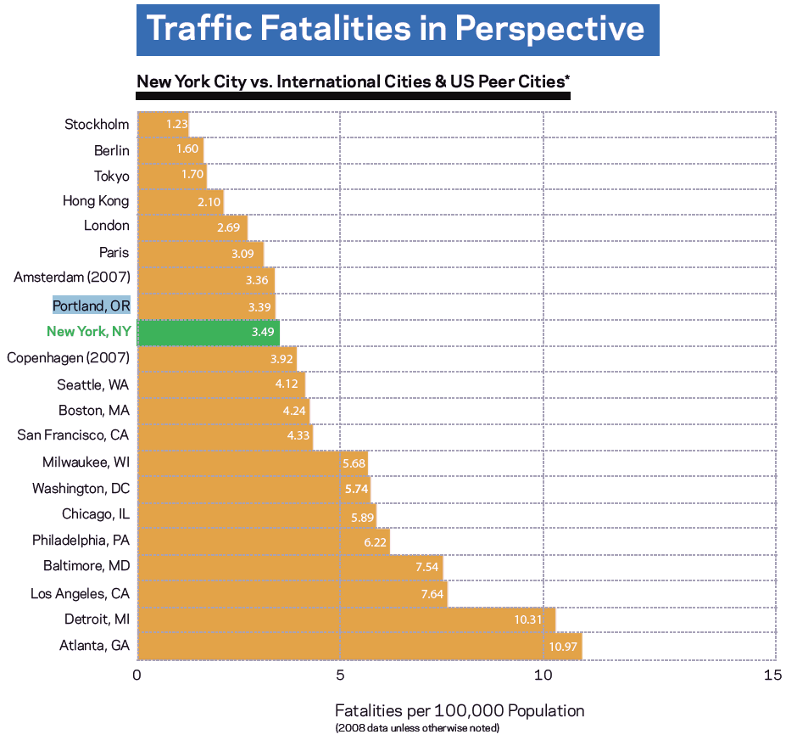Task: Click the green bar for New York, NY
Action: [x=208, y=332]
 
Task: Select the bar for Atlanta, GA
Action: [x=359, y=646]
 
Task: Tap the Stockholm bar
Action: [x=162, y=124]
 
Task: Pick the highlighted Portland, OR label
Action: [x=91, y=306]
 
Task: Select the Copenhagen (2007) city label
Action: [x=68, y=358]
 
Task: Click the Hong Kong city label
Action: [x=96, y=201]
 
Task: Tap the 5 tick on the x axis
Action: [x=340, y=676]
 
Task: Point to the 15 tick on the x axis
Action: [x=772, y=676]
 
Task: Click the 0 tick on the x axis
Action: [x=137, y=676]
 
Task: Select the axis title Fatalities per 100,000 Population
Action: [x=460, y=710]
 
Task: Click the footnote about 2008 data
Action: [x=417, y=728]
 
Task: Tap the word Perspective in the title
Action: [x=549, y=29]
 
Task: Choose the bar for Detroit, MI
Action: [x=346, y=619]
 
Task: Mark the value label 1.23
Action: [x=176, y=124]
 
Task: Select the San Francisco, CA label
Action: [x=74, y=435]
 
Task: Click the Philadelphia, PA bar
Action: [x=263, y=541]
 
